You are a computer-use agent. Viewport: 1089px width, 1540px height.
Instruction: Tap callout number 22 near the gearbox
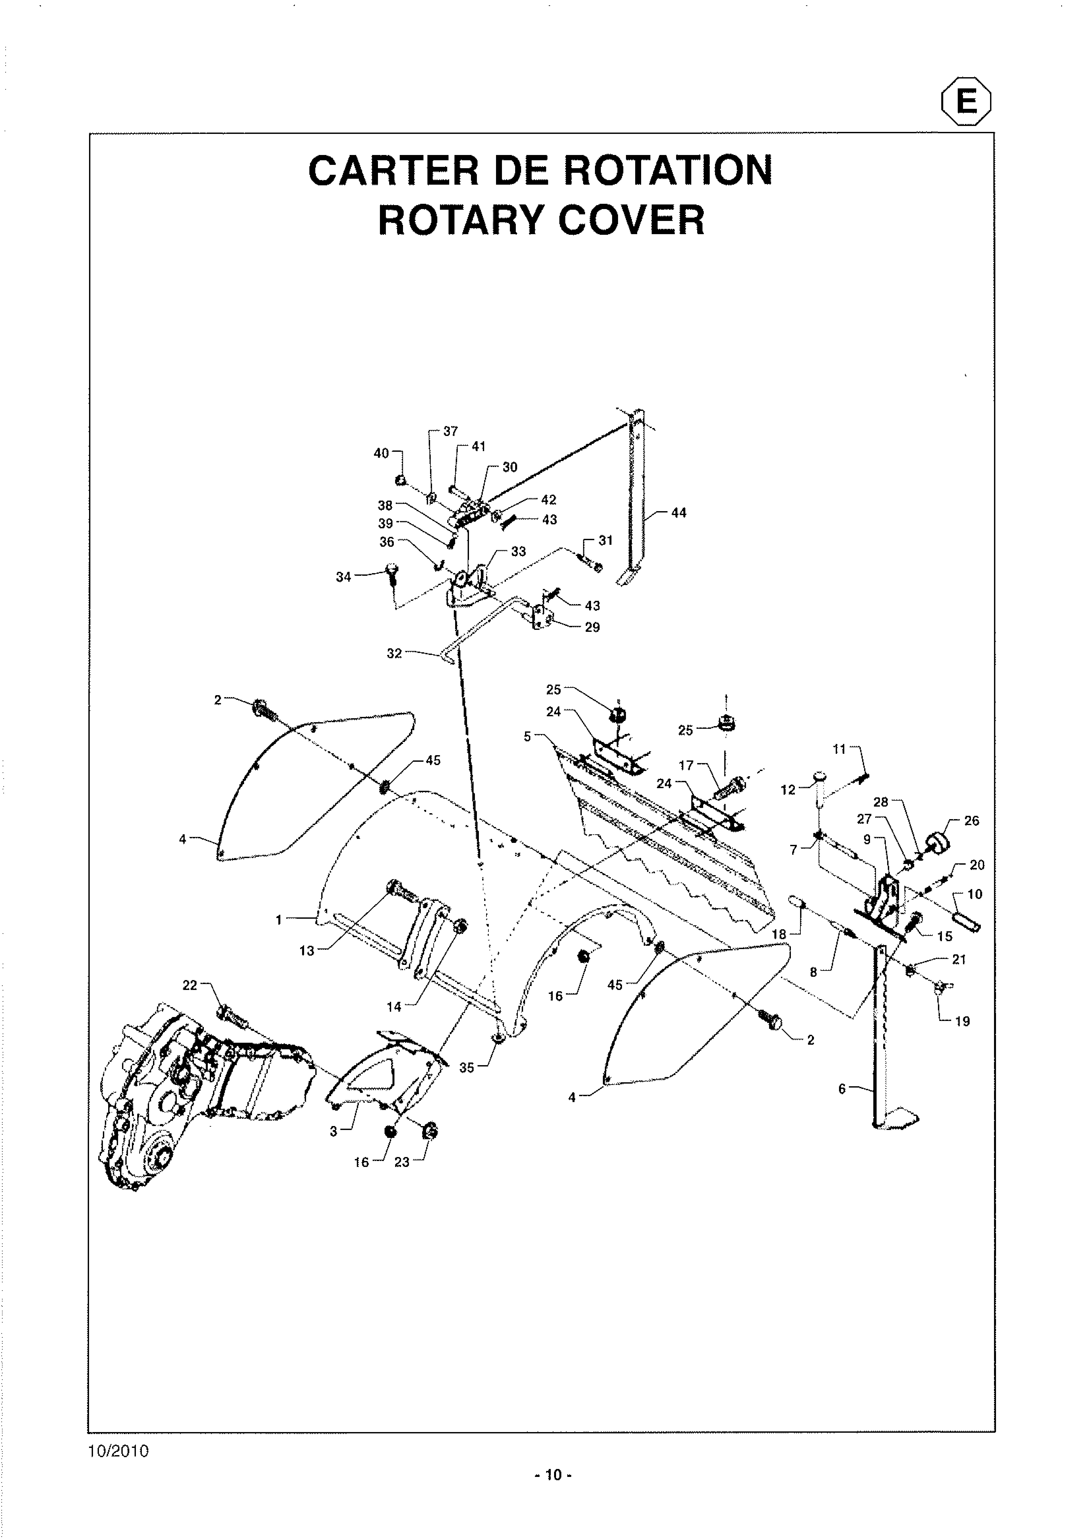tap(190, 985)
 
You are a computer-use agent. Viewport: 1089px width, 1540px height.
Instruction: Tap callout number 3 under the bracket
tap(334, 1132)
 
